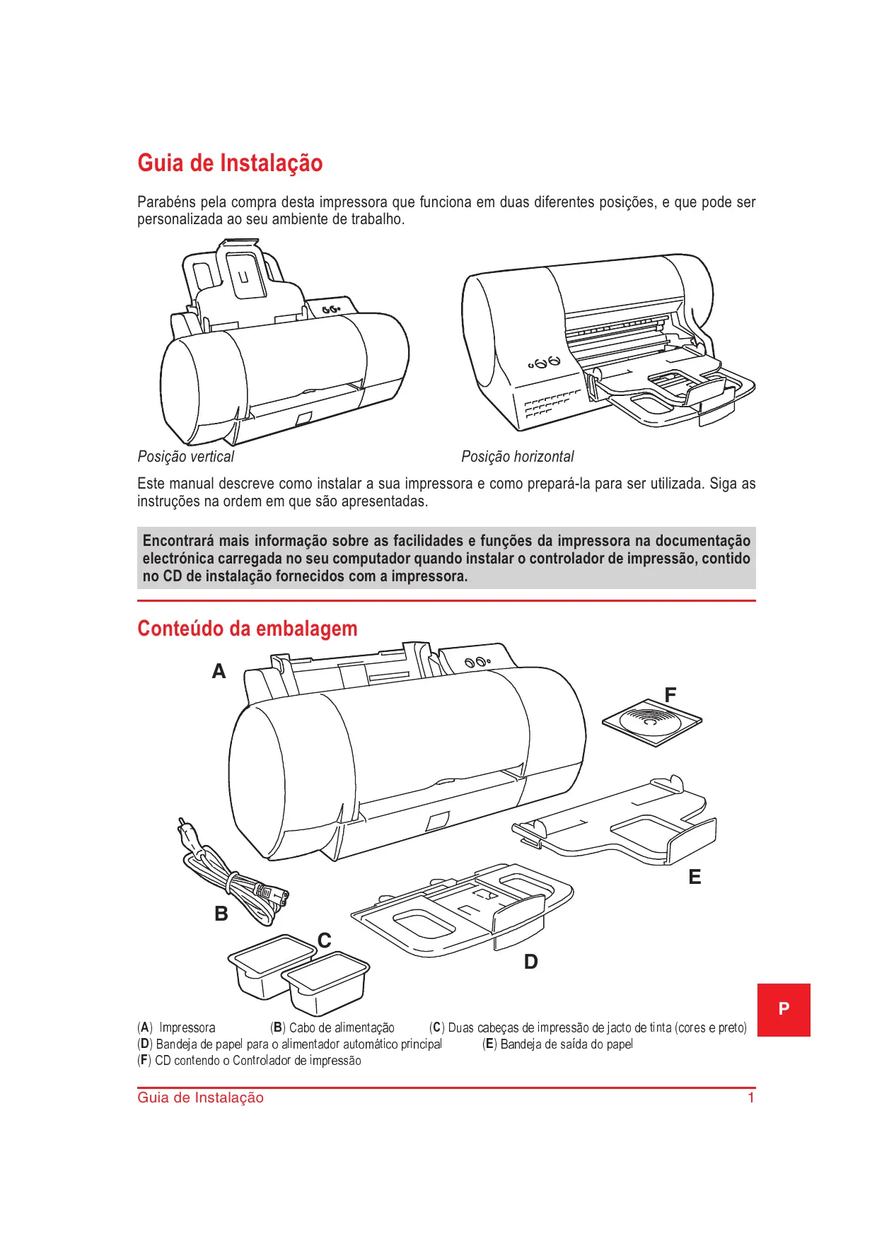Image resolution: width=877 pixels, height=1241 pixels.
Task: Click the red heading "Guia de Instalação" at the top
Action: pyautogui.click(x=230, y=163)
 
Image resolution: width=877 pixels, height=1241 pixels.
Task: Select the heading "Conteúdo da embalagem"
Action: pyautogui.click(x=247, y=629)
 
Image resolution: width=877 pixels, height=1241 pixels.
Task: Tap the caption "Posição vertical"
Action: pyautogui.click(x=185, y=457)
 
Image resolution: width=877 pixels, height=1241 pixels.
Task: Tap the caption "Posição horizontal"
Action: pyautogui.click(x=517, y=457)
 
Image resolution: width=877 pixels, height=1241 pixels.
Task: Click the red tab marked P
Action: pyautogui.click(x=784, y=1009)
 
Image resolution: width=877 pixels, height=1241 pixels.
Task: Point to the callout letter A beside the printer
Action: pyautogui.click(x=219, y=671)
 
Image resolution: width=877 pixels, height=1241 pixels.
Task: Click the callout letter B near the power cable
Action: pyautogui.click(x=221, y=914)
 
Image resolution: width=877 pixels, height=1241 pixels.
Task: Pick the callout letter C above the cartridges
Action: pyautogui.click(x=325, y=940)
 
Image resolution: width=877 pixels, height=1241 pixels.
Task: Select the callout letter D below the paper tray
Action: pyautogui.click(x=530, y=962)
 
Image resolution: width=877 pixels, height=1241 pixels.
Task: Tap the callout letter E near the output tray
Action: pyautogui.click(x=695, y=877)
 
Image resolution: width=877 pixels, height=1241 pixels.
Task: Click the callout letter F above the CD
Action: pyautogui.click(x=670, y=695)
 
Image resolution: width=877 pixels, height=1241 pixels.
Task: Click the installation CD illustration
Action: pyautogui.click(x=651, y=723)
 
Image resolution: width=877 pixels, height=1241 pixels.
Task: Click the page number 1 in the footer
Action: pyautogui.click(x=751, y=1097)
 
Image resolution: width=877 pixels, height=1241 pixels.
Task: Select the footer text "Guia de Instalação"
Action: pyautogui.click(x=200, y=1097)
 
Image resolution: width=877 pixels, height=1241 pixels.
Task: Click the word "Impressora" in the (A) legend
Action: pyautogui.click(x=187, y=1027)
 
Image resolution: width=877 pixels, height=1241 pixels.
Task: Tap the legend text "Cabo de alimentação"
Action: pyautogui.click(x=342, y=1027)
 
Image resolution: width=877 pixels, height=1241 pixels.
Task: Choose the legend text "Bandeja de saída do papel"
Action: pyautogui.click(x=567, y=1044)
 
